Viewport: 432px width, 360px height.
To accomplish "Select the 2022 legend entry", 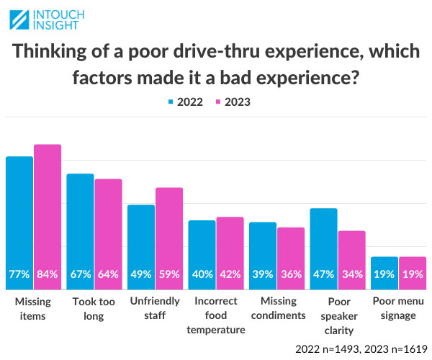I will (185, 102).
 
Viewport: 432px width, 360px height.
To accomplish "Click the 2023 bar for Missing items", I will (48, 216).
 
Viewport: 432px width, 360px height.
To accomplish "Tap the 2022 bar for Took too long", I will (80, 230).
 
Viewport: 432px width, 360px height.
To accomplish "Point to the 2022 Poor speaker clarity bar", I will (323, 248).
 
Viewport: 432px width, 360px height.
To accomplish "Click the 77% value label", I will (19, 274).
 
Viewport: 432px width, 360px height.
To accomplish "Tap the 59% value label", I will (169, 274).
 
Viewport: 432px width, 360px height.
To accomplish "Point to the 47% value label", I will (323, 274).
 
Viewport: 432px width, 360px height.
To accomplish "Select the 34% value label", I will (352, 274).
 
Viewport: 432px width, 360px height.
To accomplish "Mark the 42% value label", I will (230, 274).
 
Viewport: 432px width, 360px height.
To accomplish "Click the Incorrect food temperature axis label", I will (216, 315).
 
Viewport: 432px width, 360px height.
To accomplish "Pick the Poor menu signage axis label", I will (399, 308).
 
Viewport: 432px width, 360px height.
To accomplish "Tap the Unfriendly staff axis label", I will (155, 308).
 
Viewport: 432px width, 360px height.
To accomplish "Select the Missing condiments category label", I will (277, 308).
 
